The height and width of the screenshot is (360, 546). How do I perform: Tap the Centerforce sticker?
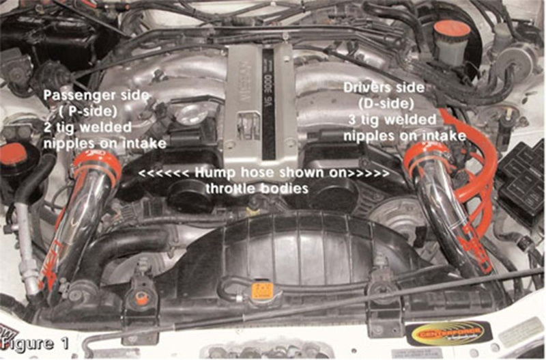coord(448,333)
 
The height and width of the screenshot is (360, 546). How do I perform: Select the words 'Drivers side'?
coord(382,89)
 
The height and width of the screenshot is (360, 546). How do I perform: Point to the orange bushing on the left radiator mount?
coord(141,299)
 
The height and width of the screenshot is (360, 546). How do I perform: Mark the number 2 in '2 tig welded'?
coord(48,127)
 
